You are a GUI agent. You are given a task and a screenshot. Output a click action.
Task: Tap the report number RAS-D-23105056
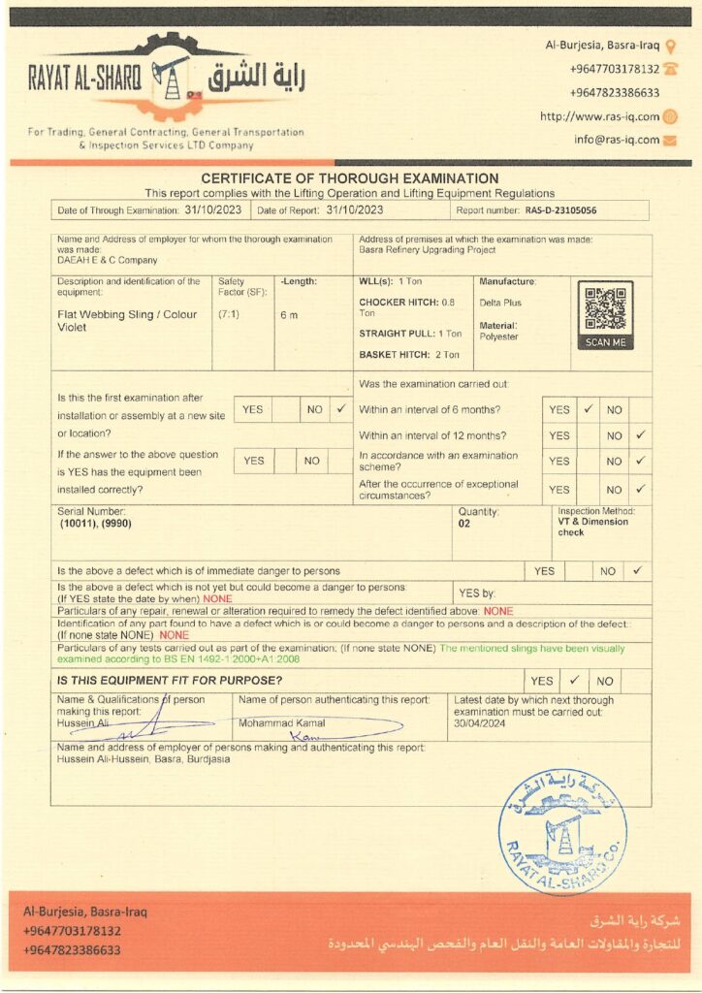pyautogui.click(x=561, y=209)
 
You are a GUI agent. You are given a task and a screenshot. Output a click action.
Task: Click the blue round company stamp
pyautogui.click(x=562, y=831)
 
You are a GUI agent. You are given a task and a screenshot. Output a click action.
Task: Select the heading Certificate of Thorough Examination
pyautogui.click(x=350, y=178)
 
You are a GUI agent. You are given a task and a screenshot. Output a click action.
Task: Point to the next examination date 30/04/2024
pyautogui.click(x=479, y=723)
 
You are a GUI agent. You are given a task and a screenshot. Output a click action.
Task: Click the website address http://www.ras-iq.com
pyautogui.click(x=599, y=116)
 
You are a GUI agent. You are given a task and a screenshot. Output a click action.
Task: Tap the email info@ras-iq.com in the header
pyautogui.click(x=616, y=139)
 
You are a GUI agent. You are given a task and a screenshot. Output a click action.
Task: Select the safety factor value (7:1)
pyautogui.click(x=230, y=314)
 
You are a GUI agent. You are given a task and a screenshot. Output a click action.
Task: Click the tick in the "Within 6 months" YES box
pyautogui.click(x=588, y=409)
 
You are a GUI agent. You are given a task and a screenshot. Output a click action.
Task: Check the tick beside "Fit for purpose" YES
pyautogui.click(x=574, y=680)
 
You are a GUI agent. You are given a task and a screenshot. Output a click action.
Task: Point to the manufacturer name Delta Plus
pyautogui.click(x=499, y=304)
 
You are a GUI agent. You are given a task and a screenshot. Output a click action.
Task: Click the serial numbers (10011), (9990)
pyautogui.click(x=95, y=523)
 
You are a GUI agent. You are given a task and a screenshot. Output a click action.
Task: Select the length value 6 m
pyautogui.click(x=289, y=314)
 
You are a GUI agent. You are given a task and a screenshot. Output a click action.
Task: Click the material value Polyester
pyautogui.click(x=499, y=336)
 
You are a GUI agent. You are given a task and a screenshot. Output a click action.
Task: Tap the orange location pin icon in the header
pyautogui.click(x=671, y=46)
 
